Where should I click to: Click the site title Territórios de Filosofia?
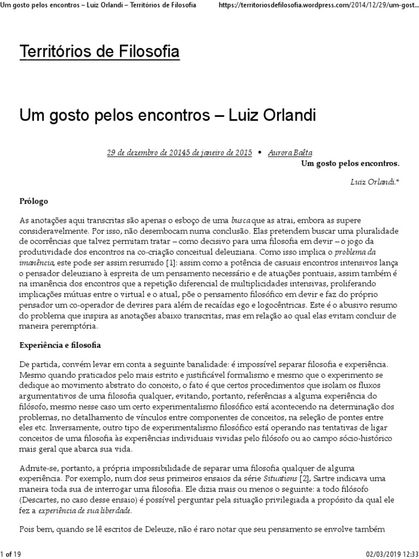(x=99, y=52)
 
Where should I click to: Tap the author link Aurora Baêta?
(x=290, y=153)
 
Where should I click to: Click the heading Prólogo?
(x=34, y=201)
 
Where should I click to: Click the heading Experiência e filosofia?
(x=60, y=346)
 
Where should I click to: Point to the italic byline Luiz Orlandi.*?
(x=375, y=182)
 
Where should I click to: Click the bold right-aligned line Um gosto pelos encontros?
(x=350, y=163)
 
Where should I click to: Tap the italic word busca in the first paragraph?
(x=241, y=221)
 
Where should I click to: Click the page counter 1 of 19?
(x=10, y=555)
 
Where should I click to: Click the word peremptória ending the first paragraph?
(x=73, y=326)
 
